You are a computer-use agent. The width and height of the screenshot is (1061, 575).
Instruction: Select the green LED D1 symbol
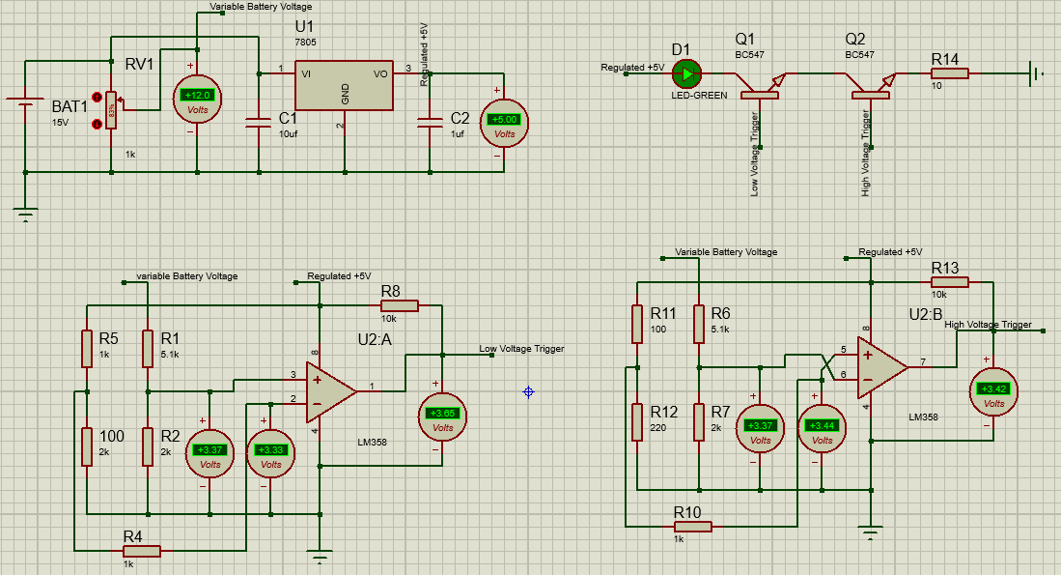[686, 72]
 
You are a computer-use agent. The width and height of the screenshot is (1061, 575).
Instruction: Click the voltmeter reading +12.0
[197, 101]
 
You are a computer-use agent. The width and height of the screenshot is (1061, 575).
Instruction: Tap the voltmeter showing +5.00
[504, 125]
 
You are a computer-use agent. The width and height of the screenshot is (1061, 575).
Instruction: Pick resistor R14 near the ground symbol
[950, 73]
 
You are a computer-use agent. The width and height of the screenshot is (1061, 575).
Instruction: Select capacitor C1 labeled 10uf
[258, 123]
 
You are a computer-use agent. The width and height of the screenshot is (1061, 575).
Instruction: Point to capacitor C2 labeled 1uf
[430, 123]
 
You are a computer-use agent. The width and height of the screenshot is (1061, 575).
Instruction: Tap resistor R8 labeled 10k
[400, 305]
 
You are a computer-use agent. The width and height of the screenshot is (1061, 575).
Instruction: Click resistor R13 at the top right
[950, 281]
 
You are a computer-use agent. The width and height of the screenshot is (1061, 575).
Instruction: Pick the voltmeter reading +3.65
[442, 418]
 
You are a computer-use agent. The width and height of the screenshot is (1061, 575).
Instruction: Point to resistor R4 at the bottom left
[142, 551]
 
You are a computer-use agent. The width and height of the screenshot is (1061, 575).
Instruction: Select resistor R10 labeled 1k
[693, 526]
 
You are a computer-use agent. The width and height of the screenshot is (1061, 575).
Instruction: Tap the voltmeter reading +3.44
[822, 431]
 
